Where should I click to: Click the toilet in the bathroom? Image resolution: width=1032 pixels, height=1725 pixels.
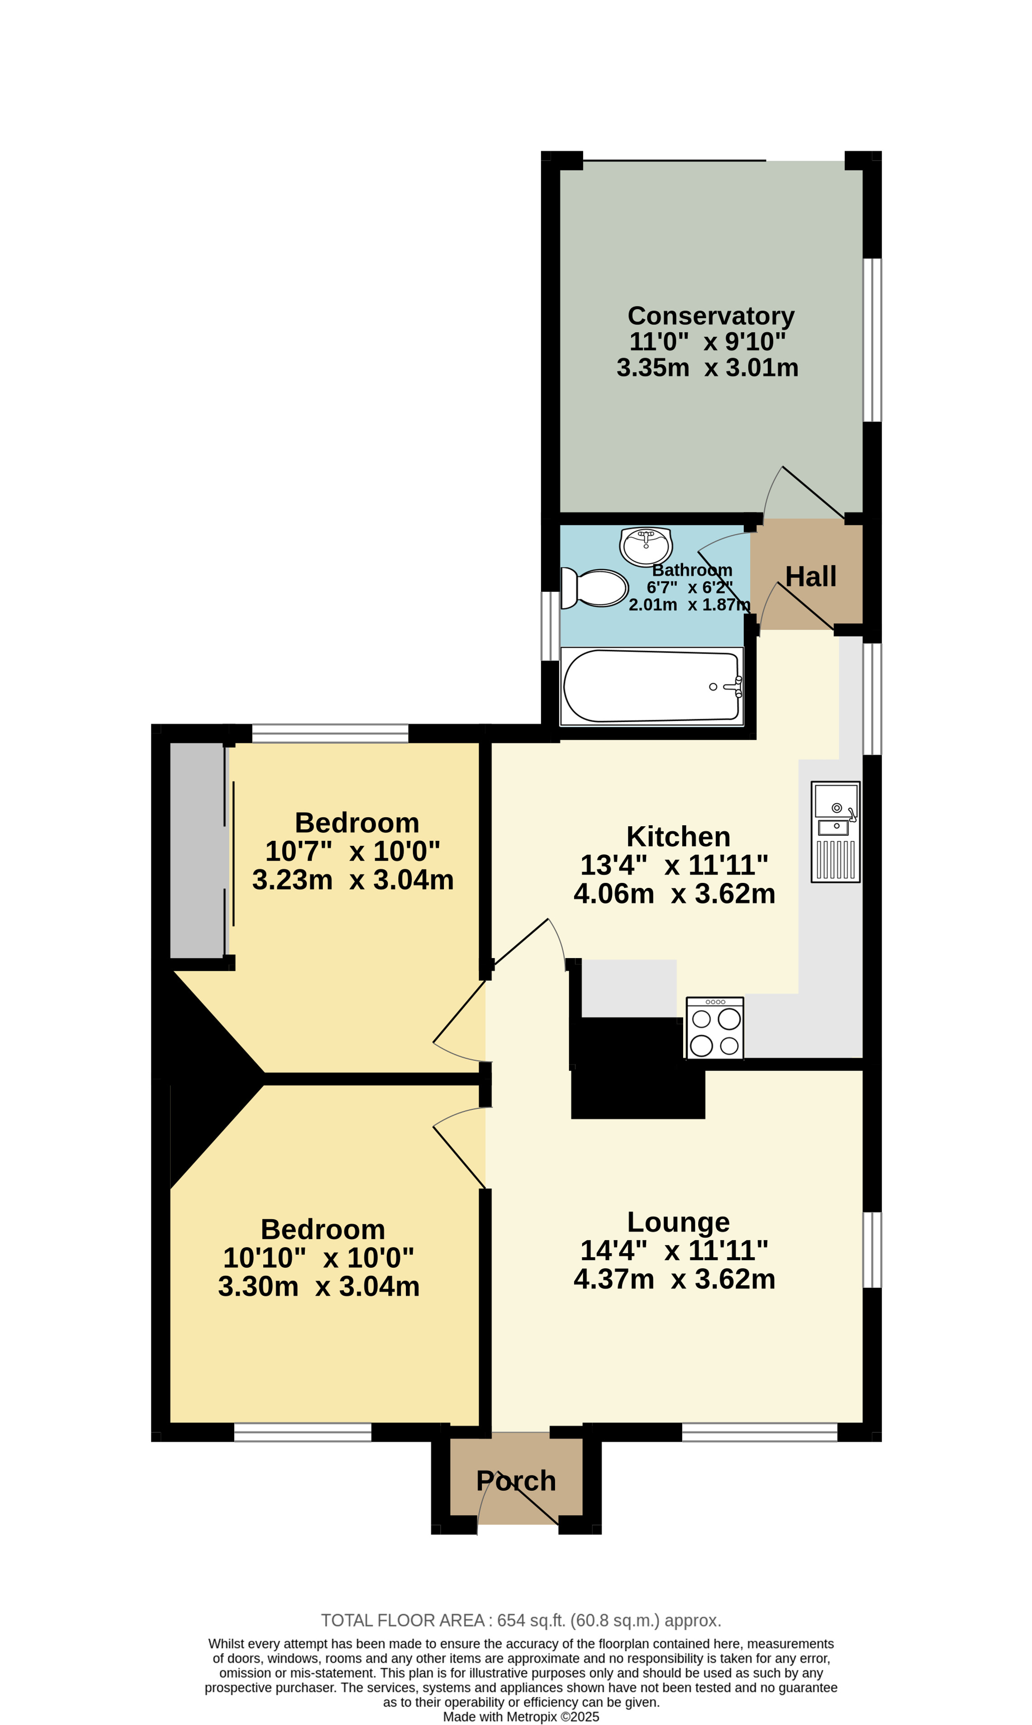pyautogui.click(x=594, y=588)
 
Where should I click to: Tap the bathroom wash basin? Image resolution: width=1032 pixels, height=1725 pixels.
pyautogui.click(x=646, y=546)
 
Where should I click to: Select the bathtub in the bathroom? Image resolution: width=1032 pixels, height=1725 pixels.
pyautogui.click(x=652, y=686)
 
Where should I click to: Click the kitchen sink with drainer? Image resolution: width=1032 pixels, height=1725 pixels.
pyautogui.click(x=835, y=832)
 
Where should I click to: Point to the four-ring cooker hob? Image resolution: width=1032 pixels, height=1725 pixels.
pyautogui.click(x=715, y=1028)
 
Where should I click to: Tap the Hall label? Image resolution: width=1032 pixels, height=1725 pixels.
pyautogui.click(x=811, y=577)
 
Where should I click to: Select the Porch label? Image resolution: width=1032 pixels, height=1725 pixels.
pyautogui.click(x=516, y=1481)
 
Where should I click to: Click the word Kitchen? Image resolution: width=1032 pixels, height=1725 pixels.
pyautogui.click(x=678, y=836)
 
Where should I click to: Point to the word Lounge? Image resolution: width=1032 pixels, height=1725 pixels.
pyautogui.click(x=678, y=1222)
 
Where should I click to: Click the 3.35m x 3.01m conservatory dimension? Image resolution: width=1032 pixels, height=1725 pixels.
pyautogui.click(x=707, y=367)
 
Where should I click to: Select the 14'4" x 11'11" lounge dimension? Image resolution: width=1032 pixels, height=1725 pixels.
pyautogui.click(x=674, y=1250)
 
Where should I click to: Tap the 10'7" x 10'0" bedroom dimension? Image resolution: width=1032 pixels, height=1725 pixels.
pyautogui.click(x=352, y=851)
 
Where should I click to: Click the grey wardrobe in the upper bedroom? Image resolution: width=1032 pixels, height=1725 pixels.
pyautogui.click(x=198, y=850)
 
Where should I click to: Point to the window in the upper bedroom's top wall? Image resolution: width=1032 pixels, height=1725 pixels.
pyautogui.click(x=330, y=733)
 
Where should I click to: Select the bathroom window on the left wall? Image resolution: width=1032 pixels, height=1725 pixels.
pyautogui.click(x=550, y=625)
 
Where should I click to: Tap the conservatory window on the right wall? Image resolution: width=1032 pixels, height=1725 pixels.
pyautogui.click(x=872, y=340)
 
